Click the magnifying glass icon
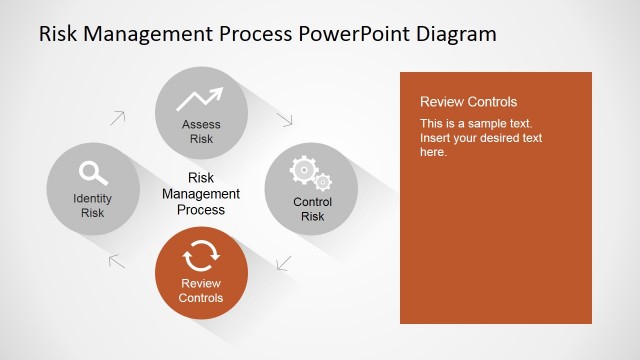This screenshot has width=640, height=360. click(x=93, y=172)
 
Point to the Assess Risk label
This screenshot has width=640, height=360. click(x=201, y=132)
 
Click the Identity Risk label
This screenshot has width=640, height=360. click(x=93, y=205)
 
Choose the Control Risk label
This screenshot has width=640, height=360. click(x=312, y=209)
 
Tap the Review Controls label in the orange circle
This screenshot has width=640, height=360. click(x=201, y=291)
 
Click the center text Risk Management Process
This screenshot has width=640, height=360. click(x=201, y=194)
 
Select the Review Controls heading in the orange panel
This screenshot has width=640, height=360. click(x=468, y=102)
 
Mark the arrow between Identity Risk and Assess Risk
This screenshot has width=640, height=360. click(x=118, y=117)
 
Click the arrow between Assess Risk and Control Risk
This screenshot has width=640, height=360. click(x=285, y=118)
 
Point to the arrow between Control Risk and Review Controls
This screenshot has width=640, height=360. click(x=284, y=263)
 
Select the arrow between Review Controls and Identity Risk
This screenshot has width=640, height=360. click(x=117, y=262)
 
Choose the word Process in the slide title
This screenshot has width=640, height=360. click(x=252, y=34)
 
